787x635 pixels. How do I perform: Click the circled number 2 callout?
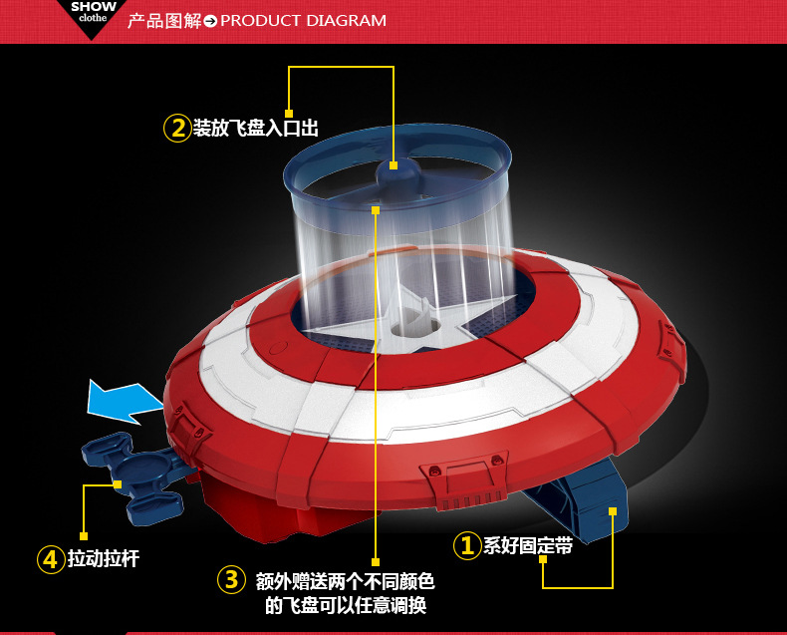[x=177, y=129]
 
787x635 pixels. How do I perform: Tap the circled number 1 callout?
[x=467, y=545]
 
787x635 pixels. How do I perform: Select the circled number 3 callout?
[x=231, y=580]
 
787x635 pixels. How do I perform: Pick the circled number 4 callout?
[x=51, y=559]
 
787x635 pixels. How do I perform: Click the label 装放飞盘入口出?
[x=256, y=128]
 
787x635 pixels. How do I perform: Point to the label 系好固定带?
[x=528, y=545]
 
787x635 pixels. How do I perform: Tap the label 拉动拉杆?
[x=104, y=558]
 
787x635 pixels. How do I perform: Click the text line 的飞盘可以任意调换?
[x=346, y=605]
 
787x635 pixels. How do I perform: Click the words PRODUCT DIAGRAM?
[x=303, y=21]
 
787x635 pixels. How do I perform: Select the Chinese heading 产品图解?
[x=164, y=21]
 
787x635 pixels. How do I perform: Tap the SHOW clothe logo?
[x=93, y=12]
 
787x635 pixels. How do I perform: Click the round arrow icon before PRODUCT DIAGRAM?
[x=211, y=21]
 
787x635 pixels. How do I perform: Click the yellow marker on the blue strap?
[x=613, y=511]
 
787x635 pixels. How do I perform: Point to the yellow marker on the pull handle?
[x=118, y=484]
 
